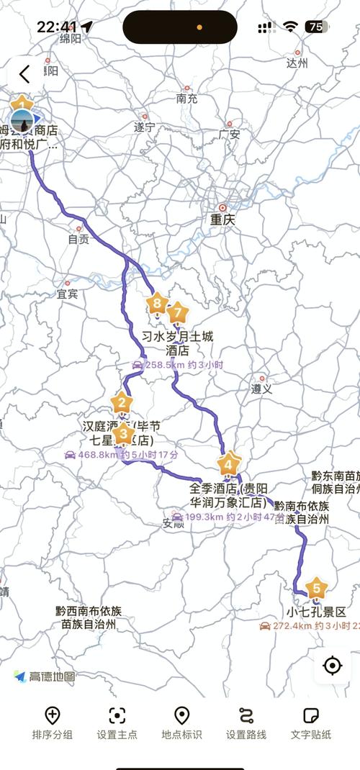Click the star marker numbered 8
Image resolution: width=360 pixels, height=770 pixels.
point(157,304)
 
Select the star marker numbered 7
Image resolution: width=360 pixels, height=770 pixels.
point(178,312)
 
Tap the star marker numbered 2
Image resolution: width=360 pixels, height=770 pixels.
point(122,403)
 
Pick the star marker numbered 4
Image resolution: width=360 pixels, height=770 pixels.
point(229,464)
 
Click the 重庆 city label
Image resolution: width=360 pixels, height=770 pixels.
point(222,219)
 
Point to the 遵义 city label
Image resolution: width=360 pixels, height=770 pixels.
point(261,388)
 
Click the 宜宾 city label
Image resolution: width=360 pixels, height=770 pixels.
point(67,294)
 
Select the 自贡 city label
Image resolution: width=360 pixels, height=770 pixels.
point(78,239)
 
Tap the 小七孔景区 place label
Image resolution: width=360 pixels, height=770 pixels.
point(316,612)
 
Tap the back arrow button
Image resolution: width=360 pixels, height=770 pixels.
point(24,73)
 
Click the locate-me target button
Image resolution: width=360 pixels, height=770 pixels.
point(332,666)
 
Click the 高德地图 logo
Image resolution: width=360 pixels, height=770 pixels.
point(45,676)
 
